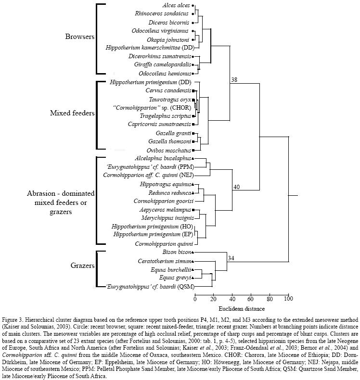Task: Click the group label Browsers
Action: [x=80, y=37]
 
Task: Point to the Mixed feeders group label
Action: [x=72, y=114]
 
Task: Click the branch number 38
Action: [x=234, y=80]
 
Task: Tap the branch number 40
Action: [x=236, y=187]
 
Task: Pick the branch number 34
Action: [x=231, y=258]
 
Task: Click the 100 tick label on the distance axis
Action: [x=288, y=299]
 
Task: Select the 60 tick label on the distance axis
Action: [x=251, y=299]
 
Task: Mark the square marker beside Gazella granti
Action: [x=193, y=133]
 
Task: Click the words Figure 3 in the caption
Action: [x=14, y=319]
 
